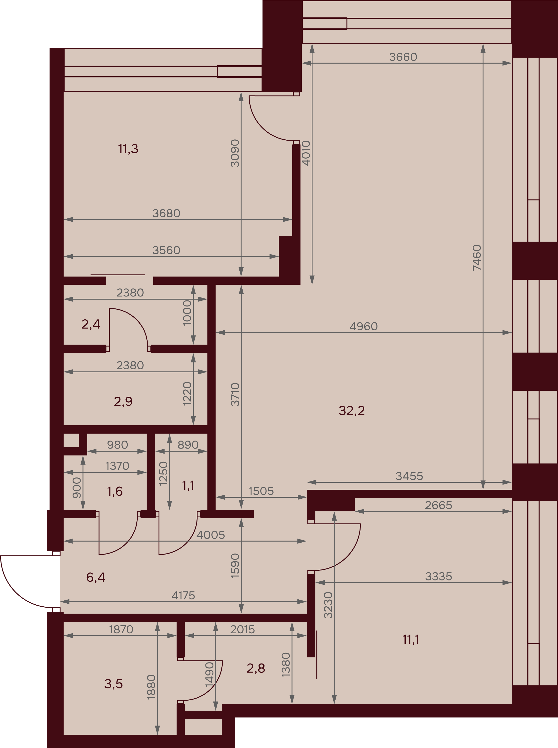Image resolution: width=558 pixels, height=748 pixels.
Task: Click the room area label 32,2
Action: click(x=352, y=411)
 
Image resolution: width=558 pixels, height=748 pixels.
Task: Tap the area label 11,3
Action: click(x=128, y=149)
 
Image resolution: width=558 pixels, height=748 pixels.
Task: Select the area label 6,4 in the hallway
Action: click(x=95, y=577)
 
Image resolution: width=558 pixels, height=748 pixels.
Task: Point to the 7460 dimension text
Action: click(x=477, y=258)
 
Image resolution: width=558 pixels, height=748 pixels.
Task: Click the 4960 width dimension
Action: click(x=364, y=326)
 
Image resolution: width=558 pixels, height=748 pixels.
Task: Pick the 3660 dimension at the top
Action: click(x=403, y=57)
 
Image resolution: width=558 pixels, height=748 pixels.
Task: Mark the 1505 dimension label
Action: click(x=261, y=491)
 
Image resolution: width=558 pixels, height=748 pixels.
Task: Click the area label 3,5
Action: click(x=113, y=684)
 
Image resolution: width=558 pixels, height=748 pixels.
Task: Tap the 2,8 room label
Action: click(x=256, y=668)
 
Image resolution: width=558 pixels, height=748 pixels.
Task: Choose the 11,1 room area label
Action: click(x=411, y=640)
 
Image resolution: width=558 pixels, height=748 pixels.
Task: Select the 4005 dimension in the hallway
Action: click(x=210, y=535)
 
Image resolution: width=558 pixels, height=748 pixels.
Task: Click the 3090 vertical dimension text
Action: click(x=235, y=153)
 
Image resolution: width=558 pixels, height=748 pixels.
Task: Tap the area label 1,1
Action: click(x=188, y=486)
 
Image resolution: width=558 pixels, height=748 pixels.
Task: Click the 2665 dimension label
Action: click(x=438, y=505)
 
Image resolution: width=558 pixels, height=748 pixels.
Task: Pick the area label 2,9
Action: click(x=123, y=401)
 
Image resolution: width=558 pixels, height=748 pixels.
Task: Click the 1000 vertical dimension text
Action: click(x=187, y=313)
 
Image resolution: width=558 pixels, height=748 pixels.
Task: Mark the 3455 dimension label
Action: click(x=409, y=476)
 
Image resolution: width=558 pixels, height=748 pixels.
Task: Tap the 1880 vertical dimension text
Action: click(x=151, y=687)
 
